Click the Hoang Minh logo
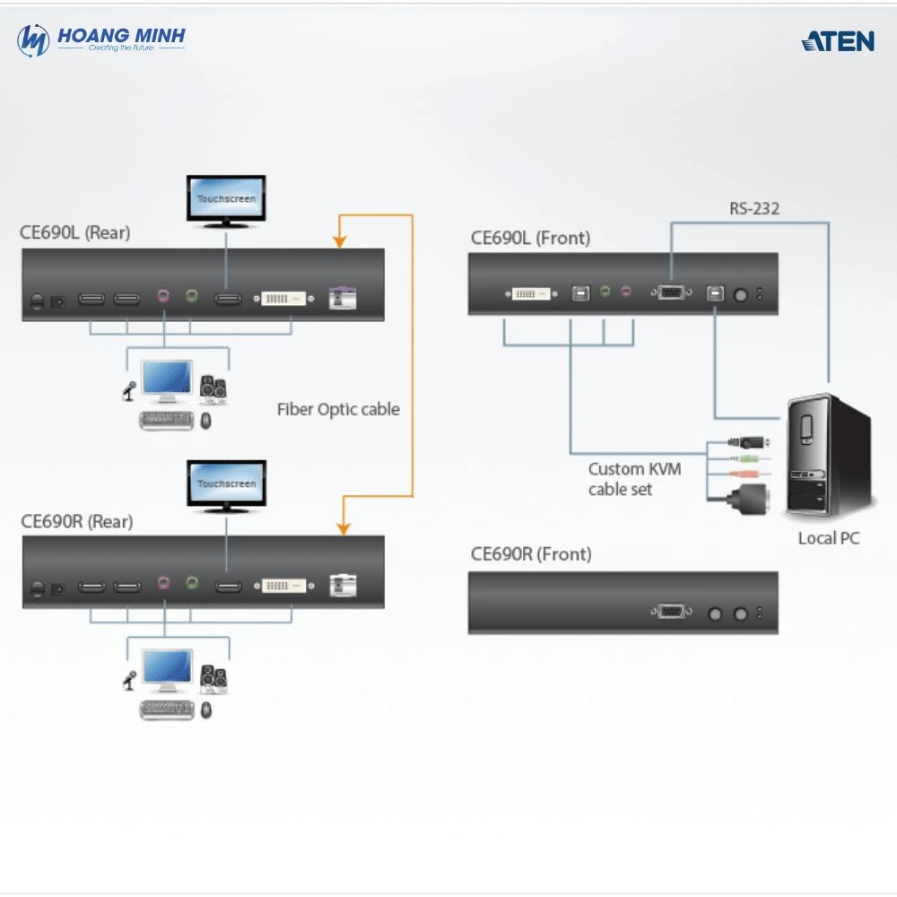(x=100, y=39)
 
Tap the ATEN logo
(x=838, y=40)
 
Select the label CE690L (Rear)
(x=74, y=233)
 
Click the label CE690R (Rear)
(x=76, y=521)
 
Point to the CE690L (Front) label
(x=530, y=239)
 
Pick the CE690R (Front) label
(x=531, y=554)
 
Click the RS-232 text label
(x=753, y=209)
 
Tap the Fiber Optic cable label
(x=338, y=409)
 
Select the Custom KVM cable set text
(x=634, y=479)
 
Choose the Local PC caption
(x=829, y=538)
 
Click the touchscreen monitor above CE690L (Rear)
(x=226, y=198)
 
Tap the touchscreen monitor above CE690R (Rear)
(x=226, y=483)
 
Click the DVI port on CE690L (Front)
(x=531, y=292)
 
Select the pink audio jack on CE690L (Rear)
(x=164, y=295)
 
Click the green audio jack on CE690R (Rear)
(x=191, y=583)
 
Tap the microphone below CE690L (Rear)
(x=129, y=390)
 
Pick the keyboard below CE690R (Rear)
(x=167, y=710)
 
